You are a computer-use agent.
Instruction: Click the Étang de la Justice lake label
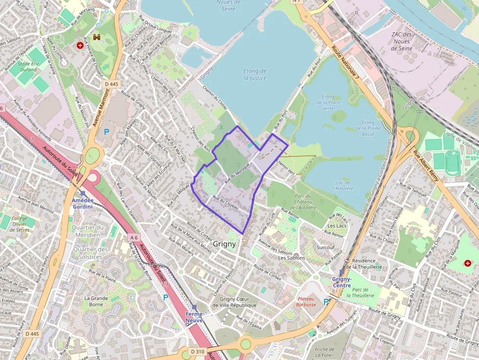pyautogui.click(x=255, y=74)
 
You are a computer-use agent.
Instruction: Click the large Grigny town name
pyautogui.click(x=224, y=243)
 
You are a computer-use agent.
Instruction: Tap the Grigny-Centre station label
pyautogui.click(x=341, y=282)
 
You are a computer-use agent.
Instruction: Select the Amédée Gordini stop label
pyautogui.click(x=83, y=204)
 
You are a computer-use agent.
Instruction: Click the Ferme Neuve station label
pyautogui.click(x=194, y=317)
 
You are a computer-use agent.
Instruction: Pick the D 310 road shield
pyautogui.click(x=197, y=351)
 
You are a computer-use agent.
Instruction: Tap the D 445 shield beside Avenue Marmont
pyautogui.click(x=111, y=84)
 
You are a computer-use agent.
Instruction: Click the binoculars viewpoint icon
pyautogui.click(x=97, y=37)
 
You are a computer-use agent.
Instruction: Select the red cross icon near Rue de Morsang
pyautogui.click(x=80, y=45)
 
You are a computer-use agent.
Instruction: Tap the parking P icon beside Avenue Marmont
pyautogui.click(x=107, y=131)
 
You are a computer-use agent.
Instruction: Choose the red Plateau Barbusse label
pyautogui.click(x=306, y=301)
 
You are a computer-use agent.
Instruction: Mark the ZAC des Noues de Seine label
pyautogui.click(x=402, y=41)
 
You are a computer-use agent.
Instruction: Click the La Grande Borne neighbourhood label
pyautogui.click(x=96, y=301)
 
